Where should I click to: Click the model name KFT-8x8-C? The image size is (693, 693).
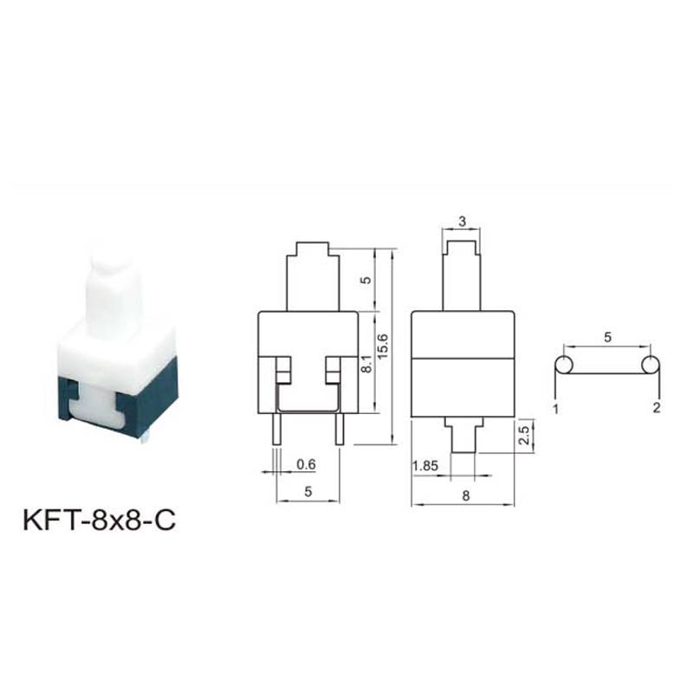point(99,521)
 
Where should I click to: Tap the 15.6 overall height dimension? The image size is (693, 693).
point(382,346)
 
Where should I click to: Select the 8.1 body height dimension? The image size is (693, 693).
point(366,361)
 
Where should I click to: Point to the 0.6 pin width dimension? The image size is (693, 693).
point(306,464)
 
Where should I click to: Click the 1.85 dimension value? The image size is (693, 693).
point(425,465)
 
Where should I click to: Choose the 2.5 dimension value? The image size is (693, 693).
point(524,435)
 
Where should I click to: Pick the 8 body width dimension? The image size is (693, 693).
point(465,495)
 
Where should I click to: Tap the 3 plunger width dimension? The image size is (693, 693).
point(462,222)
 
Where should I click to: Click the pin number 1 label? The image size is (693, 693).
point(556,408)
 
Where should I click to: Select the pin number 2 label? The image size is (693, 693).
point(657,407)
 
